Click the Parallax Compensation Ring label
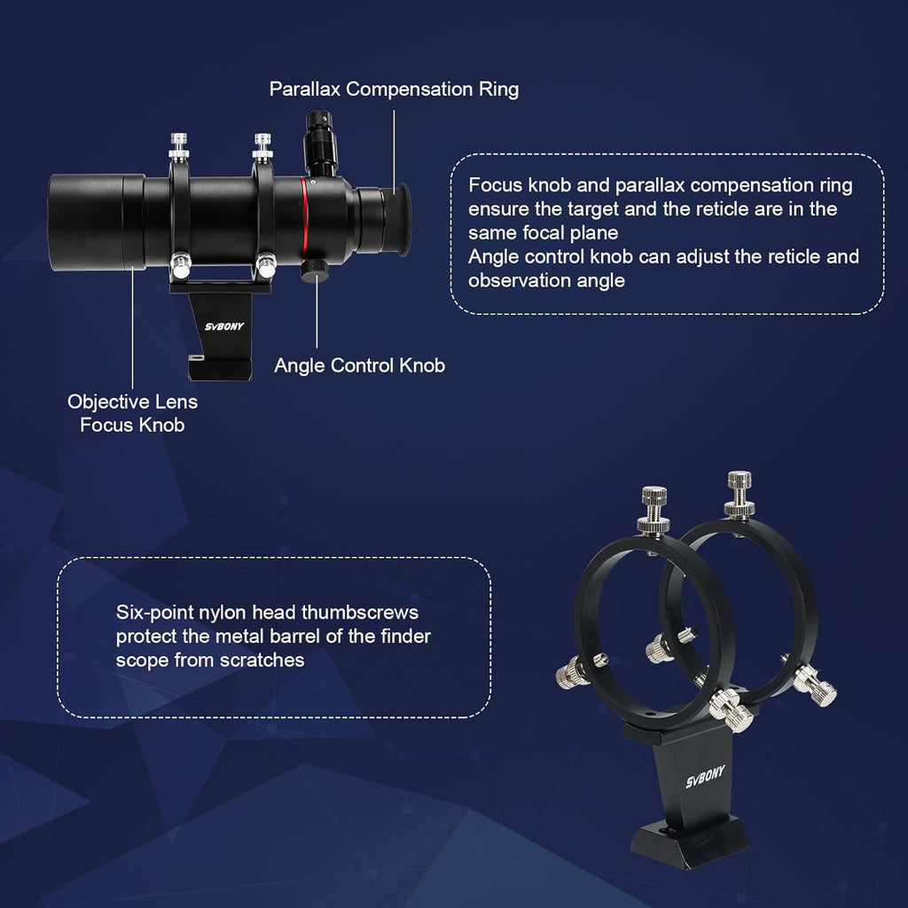394,89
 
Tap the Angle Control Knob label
359,365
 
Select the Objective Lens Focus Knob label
132,413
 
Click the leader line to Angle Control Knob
317,319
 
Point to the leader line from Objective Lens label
132,328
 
